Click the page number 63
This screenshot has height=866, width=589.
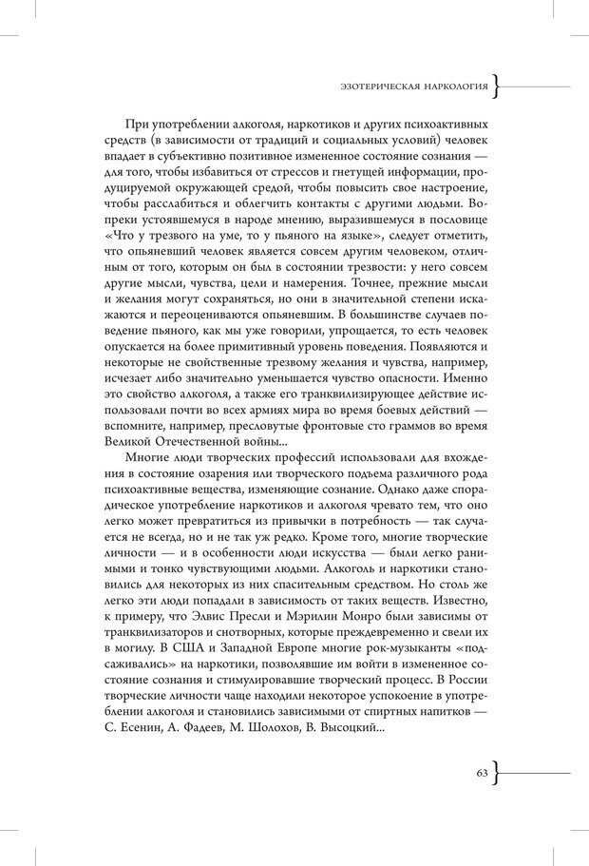pos(482,773)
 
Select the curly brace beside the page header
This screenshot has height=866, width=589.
pos(498,87)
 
